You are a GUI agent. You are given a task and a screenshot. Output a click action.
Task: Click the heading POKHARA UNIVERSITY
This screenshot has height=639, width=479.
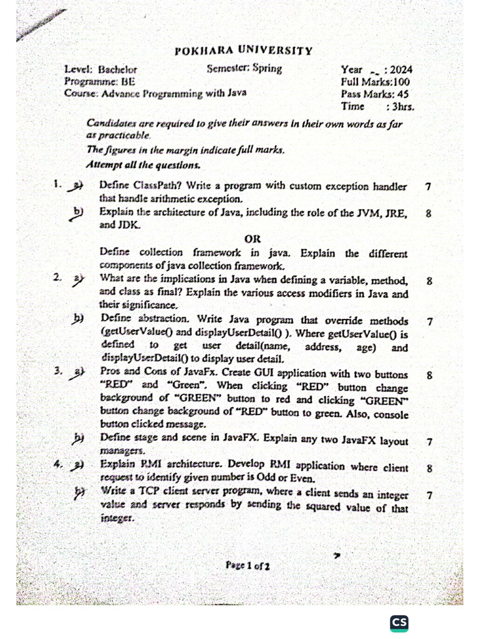coord(243,51)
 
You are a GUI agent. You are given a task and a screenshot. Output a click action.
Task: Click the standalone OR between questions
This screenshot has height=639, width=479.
coord(253,239)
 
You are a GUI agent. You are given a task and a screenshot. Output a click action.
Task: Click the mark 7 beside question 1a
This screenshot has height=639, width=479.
coord(427,187)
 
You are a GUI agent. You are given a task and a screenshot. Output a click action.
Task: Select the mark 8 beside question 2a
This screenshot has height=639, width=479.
coord(429,281)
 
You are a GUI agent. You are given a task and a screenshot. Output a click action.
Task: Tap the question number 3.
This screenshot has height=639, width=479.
coord(57,371)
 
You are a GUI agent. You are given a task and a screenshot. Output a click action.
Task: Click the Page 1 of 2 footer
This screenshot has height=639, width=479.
coord(248,565)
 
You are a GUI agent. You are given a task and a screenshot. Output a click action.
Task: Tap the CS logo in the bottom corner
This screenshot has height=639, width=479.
coord(399,623)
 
